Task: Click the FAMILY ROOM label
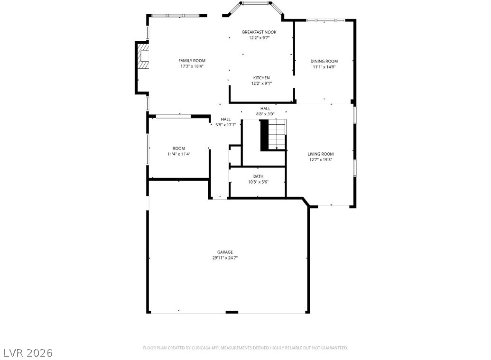click(x=192, y=61)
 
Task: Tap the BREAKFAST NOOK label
click(x=259, y=32)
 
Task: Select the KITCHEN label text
click(x=261, y=78)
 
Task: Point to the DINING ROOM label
click(x=324, y=61)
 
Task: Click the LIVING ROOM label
click(x=320, y=154)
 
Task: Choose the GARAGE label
click(x=225, y=252)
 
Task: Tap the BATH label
click(x=259, y=176)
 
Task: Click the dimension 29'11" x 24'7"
click(x=225, y=258)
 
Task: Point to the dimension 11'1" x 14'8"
click(x=324, y=67)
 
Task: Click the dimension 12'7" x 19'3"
click(x=320, y=160)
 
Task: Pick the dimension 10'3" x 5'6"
click(x=259, y=182)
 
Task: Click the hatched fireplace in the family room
click(x=144, y=56)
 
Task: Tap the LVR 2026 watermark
click(x=28, y=353)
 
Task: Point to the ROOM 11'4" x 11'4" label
click(x=179, y=151)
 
